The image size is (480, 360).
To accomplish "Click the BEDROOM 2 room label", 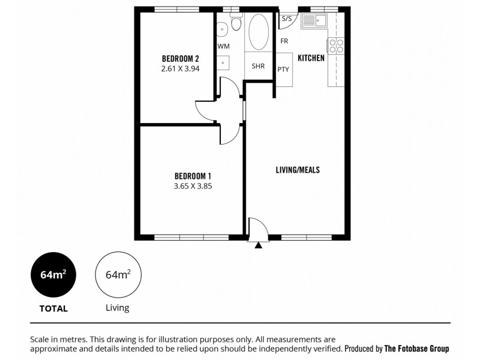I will pos(180,59).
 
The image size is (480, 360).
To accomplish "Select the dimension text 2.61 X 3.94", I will pos(180,69).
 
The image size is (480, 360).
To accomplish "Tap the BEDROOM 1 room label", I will pos(193,176).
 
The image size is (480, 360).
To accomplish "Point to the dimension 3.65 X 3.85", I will pos(193,186).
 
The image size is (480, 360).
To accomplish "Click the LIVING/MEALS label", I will pos(298,170).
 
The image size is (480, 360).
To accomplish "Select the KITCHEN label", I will pos(311,58).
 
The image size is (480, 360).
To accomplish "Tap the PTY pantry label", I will pos(283,70).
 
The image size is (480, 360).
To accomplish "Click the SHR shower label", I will pos(259,66).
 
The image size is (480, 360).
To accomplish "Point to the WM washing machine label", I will pos(223,46).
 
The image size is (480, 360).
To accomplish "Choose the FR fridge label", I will pos(284,41).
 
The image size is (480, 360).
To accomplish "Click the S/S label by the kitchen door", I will pos(286,19).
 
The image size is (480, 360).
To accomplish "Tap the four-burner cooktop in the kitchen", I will pos(335,46).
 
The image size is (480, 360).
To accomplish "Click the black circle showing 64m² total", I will pos(53,275).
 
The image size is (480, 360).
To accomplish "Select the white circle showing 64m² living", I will pos(118,275).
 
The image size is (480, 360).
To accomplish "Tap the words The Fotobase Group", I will pos(416,348).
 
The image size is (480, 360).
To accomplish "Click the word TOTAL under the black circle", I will pos(53,309).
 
